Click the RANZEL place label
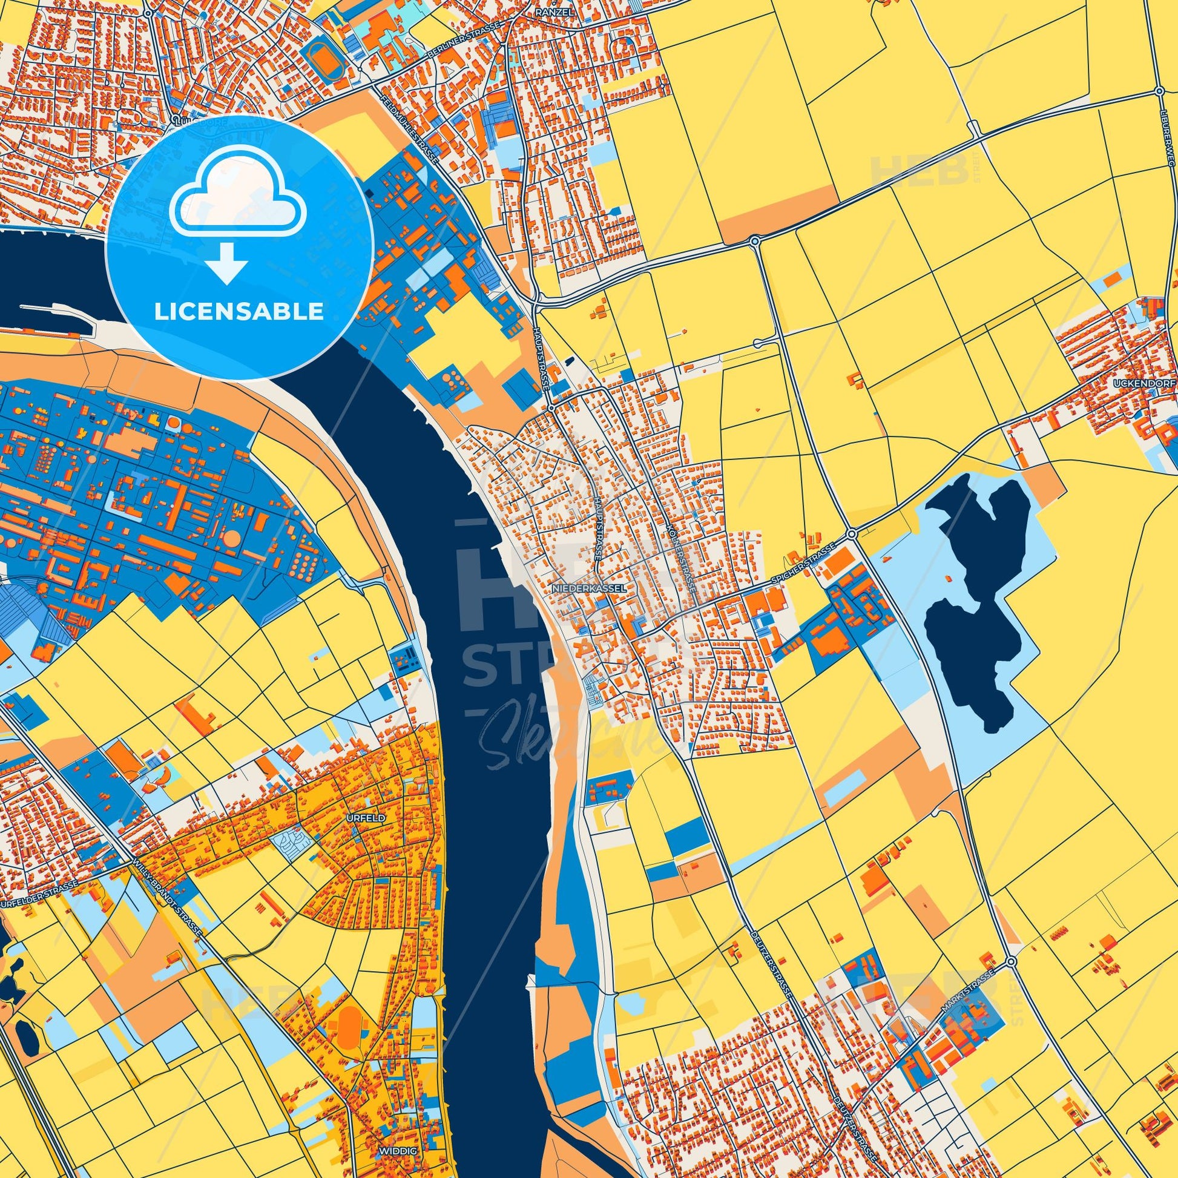548,12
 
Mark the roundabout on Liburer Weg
1159,91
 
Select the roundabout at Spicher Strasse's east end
852,533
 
